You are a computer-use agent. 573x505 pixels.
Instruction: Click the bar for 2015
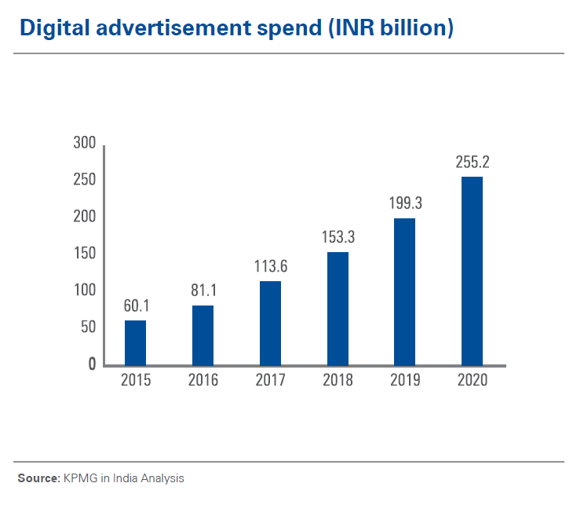(135, 342)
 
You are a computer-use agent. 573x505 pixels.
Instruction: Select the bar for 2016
(203, 335)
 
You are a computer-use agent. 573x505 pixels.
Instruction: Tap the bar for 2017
(270, 323)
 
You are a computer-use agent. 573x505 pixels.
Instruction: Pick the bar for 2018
(338, 308)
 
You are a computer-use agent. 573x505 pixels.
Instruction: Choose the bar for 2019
(405, 291)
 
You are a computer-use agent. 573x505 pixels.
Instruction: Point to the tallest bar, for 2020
(472, 271)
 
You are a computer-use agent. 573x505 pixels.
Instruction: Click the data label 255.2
(473, 163)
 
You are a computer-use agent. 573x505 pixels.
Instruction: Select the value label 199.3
(405, 204)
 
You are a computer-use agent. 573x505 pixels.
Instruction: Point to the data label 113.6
(270, 267)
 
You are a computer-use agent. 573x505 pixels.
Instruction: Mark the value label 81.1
(203, 291)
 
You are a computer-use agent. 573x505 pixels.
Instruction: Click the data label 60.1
(135, 306)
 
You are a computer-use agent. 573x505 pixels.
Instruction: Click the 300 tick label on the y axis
(84, 144)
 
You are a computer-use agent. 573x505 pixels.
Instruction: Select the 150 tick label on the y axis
(84, 254)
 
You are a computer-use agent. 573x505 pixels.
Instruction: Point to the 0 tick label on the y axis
(91, 364)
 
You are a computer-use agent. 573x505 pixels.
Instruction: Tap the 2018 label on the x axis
(338, 381)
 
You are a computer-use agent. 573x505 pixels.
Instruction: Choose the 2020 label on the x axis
(473, 381)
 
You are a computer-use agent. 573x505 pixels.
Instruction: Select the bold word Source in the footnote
(38, 478)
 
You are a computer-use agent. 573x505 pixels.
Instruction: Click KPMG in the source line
(77, 478)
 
